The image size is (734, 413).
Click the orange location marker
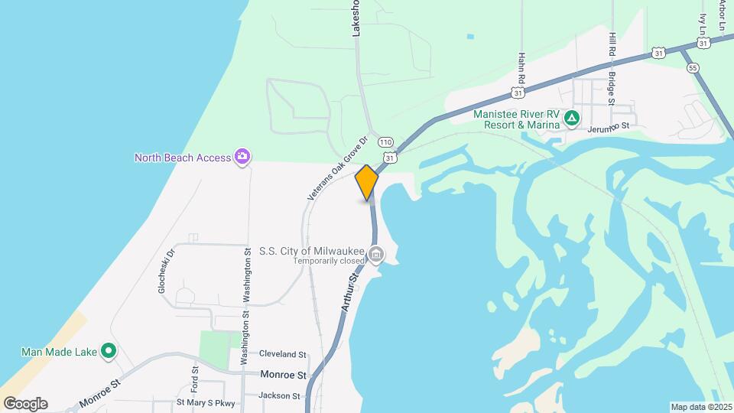367,182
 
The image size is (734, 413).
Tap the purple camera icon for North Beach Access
242,157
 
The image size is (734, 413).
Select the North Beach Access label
183,158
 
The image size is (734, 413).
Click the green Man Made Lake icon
109,351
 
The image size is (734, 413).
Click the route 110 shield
385,142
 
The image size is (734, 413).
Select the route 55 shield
693,67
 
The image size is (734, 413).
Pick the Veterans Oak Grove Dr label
338,169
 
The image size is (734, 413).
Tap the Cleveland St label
282,355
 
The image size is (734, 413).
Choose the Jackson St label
279,396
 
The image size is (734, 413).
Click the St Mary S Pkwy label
206,402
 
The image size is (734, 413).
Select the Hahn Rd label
521,69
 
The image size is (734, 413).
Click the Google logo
25,404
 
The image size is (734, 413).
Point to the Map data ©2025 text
701,407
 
